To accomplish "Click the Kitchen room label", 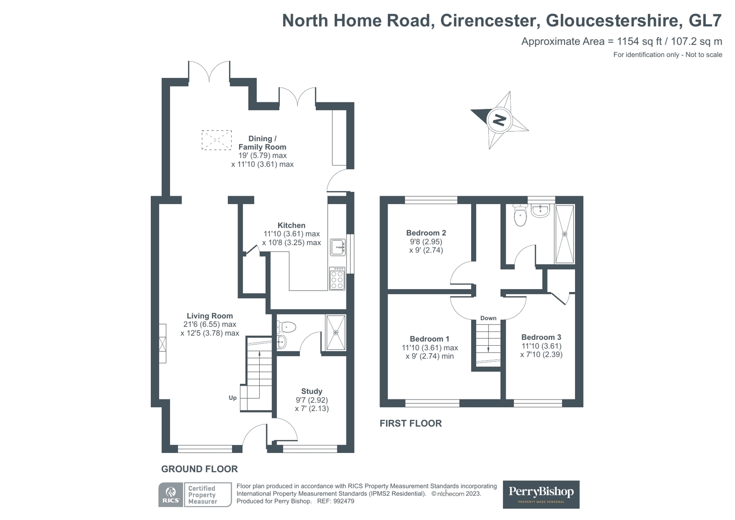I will click(291, 225).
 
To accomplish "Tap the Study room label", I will click(311, 391).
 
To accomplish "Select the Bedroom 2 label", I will click(426, 233).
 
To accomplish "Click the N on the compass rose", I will click(499, 120).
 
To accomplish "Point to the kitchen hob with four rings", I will click(337, 279).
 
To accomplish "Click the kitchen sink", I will click(337, 247).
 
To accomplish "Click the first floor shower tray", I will click(564, 234).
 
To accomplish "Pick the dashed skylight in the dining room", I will click(217, 140).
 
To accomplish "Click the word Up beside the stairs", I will click(233, 398).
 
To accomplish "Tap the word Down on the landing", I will click(488, 318).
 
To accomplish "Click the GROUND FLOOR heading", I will click(199, 469).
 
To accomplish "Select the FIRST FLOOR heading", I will click(410, 423).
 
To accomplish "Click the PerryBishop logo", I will click(541, 494).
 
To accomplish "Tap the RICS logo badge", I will click(171, 495).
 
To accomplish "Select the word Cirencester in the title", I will click(490, 21).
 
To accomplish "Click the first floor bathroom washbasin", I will click(540, 211).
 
